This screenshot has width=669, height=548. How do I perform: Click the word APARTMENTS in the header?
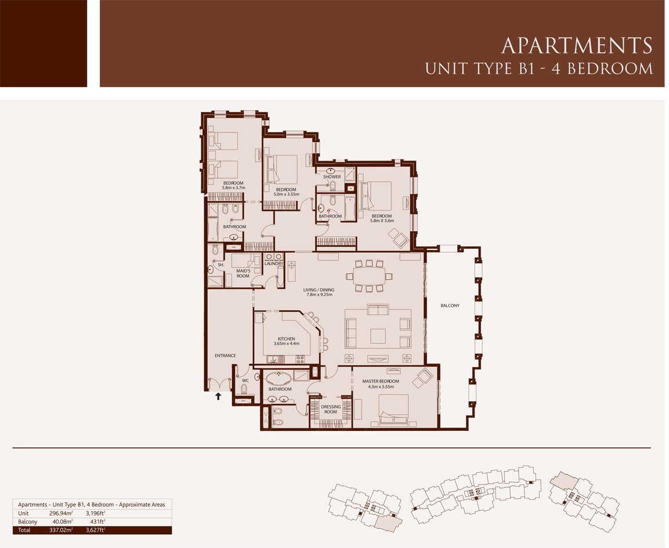(x=577, y=46)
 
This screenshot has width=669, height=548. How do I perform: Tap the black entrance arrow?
(x=218, y=396)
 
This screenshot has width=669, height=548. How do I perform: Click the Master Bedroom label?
(x=381, y=381)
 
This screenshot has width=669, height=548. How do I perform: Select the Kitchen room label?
(x=286, y=339)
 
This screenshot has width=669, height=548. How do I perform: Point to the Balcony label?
(x=450, y=306)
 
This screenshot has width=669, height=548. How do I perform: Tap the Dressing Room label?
(x=331, y=409)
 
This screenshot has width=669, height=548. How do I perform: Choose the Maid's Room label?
(x=243, y=273)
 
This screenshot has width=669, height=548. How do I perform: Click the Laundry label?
(x=273, y=263)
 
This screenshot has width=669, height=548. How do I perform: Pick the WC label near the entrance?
(x=245, y=380)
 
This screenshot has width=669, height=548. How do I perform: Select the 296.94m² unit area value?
(x=61, y=513)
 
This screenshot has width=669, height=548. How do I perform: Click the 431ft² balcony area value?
(x=97, y=521)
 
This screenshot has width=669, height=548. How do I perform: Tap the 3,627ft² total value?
(x=96, y=530)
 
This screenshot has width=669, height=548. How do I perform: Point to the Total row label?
(x=24, y=530)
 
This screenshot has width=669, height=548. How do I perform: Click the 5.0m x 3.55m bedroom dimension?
(x=286, y=194)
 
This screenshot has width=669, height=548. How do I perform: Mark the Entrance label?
(x=225, y=355)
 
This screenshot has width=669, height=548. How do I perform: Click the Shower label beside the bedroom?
(x=331, y=176)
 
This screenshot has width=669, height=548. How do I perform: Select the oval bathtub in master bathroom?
(x=280, y=378)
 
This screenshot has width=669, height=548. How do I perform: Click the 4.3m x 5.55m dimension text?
(x=381, y=387)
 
